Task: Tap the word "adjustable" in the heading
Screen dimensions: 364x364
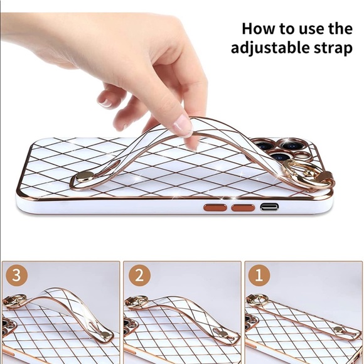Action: tap(269, 48)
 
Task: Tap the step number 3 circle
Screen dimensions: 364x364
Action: tap(16, 276)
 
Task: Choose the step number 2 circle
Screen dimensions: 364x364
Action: tap(139, 276)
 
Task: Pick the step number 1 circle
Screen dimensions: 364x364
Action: tap(259, 276)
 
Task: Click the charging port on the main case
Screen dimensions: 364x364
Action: tap(269, 206)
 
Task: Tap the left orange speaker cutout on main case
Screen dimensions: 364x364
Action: tap(215, 207)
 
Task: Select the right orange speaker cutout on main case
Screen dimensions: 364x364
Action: tap(243, 207)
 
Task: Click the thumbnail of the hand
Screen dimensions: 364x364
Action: tap(105, 102)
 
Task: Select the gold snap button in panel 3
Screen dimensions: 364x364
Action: tap(106, 335)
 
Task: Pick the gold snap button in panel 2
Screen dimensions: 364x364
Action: tap(223, 334)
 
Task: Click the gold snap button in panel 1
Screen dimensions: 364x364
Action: tap(339, 329)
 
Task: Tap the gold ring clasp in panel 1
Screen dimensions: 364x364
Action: tap(255, 299)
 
